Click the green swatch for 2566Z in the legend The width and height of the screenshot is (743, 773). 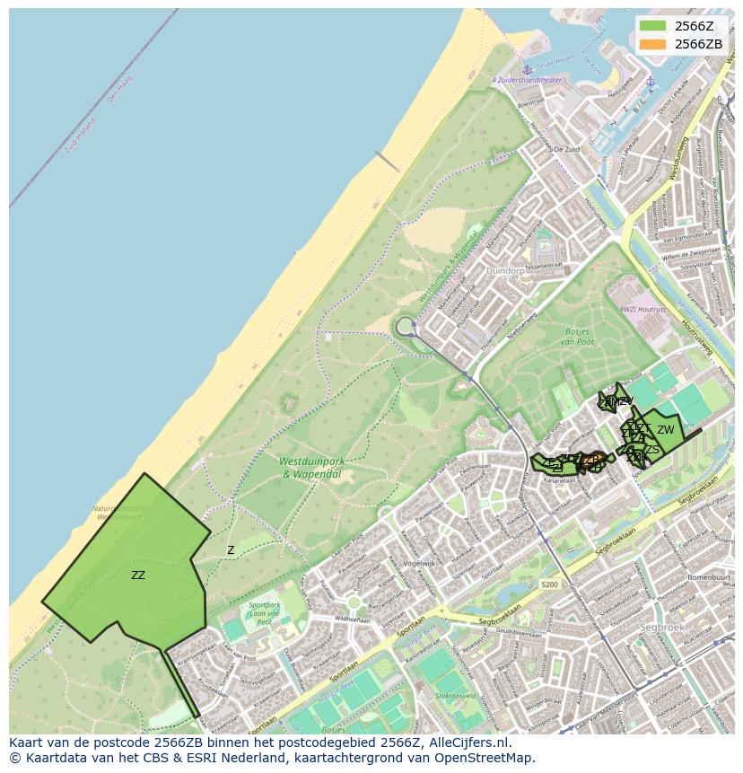pyautogui.click(x=653, y=25)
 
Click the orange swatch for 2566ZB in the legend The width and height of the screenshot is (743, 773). pyautogui.click(x=653, y=43)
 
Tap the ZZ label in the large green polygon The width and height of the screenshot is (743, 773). pyautogui.click(x=138, y=575)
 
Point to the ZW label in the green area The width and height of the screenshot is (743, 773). pyautogui.click(x=665, y=430)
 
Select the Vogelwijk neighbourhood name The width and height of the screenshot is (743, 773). pyautogui.click(x=418, y=563)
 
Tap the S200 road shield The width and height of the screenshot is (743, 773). pyautogui.click(x=549, y=584)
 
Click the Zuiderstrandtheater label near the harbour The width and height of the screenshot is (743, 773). pyautogui.click(x=527, y=80)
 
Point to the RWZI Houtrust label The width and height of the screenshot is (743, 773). pyautogui.click(x=643, y=309)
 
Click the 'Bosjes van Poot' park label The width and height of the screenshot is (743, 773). pyautogui.click(x=578, y=336)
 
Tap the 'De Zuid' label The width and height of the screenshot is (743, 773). pyautogui.click(x=566, y=150)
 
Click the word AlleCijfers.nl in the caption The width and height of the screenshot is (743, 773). pyautogui.click(x=468, y=742)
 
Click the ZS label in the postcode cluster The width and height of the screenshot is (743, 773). pyautogui.click(x=651, y=450)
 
